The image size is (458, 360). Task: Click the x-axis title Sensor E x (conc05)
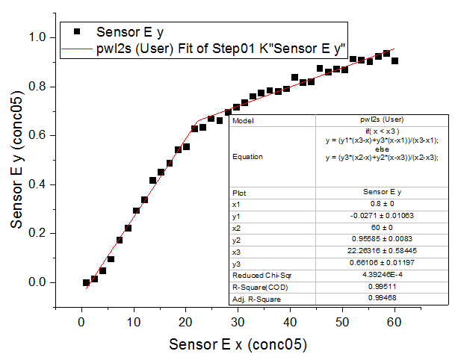238,345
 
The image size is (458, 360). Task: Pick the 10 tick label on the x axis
134,322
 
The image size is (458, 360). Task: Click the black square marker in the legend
77,32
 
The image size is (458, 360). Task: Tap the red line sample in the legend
77,49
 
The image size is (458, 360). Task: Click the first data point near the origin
86,282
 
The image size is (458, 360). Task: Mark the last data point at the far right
394,61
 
